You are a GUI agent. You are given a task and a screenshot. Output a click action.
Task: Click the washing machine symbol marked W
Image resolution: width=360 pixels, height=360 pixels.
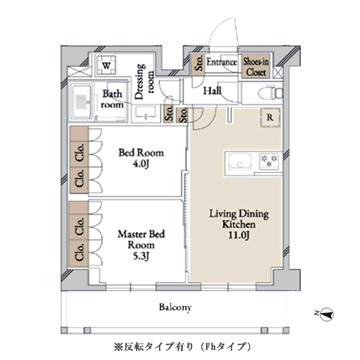click(107, 66)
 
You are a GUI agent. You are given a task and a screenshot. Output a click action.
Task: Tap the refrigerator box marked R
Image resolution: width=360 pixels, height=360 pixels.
click(271, 117)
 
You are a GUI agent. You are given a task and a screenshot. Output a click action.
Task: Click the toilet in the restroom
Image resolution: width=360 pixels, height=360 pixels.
click(271, 93)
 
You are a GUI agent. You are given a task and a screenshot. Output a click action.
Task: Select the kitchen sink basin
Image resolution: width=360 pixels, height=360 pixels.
click(240, 161)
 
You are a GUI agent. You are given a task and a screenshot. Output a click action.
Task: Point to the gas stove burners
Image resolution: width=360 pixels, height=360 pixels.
click(269, 161)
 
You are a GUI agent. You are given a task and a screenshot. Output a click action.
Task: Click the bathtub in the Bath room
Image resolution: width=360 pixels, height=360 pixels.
click(82, 102)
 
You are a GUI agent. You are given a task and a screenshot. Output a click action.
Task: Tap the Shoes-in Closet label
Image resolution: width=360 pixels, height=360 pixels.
click(256, 67)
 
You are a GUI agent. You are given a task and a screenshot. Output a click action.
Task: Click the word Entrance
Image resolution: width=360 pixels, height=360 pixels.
click(222, 62)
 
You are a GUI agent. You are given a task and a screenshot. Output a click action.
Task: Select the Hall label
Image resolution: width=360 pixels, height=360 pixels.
click(212, 91)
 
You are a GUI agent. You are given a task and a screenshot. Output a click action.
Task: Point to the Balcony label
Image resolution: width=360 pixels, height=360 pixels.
click(175, 307)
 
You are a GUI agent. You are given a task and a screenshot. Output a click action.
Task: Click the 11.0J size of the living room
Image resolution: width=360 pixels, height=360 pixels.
click(239, 235)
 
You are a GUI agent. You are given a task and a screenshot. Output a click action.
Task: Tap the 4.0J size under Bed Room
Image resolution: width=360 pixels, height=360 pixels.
click(141, 164)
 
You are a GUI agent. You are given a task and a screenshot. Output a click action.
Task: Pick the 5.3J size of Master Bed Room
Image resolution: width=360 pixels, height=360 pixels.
click(141, 256)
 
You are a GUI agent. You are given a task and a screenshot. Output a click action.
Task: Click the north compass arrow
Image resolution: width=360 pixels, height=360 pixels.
click(326, 315)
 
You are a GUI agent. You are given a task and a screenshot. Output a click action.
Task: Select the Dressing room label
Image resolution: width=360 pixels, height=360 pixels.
click(144, 81)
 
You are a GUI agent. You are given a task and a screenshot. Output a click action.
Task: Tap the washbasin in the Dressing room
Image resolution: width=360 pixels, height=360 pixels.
click(145, 112)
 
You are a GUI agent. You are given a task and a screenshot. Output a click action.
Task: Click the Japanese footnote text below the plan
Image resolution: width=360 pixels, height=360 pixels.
click(182, 346)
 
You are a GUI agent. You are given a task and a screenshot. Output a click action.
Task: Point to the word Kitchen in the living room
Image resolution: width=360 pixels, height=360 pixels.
click(239, 225)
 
